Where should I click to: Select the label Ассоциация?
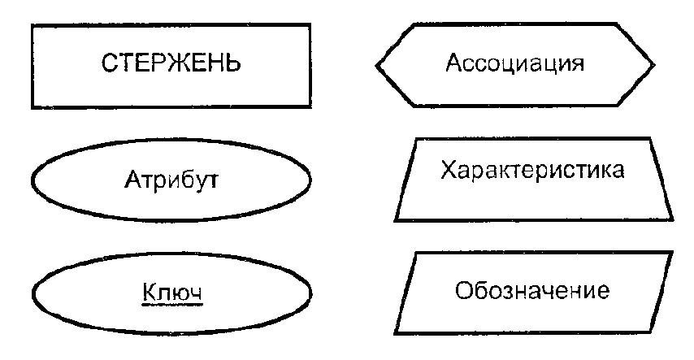pos(515,63)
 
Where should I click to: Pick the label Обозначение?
pos(532,290)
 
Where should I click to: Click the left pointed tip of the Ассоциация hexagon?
pos(376,64)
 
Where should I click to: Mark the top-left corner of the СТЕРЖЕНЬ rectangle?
pos(32,24)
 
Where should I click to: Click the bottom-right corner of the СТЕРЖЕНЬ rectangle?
pos(310,107)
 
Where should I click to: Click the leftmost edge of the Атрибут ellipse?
pos(32,178)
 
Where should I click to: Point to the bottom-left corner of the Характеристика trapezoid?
pos(395,220)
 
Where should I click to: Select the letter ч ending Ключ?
pos(195,292)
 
